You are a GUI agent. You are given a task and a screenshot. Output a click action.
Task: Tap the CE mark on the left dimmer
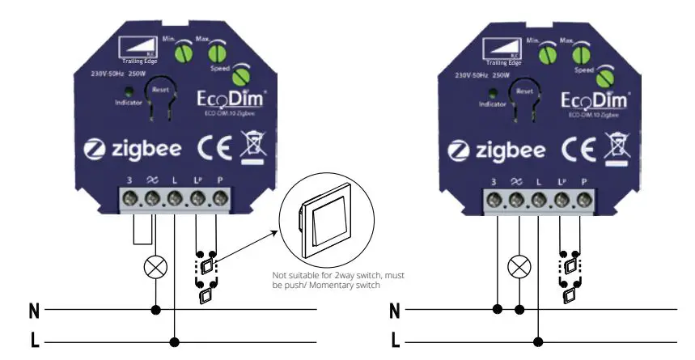pos(214,150)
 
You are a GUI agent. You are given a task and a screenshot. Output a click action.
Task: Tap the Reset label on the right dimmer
pos(525,90)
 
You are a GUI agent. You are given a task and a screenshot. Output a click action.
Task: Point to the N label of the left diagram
pos(34,310)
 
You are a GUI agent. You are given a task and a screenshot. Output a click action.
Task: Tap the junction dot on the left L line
pos(174,341)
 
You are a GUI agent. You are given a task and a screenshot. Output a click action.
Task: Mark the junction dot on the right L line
pos(538,341)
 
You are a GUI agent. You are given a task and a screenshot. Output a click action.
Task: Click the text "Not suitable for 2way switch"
pos(332,275)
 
